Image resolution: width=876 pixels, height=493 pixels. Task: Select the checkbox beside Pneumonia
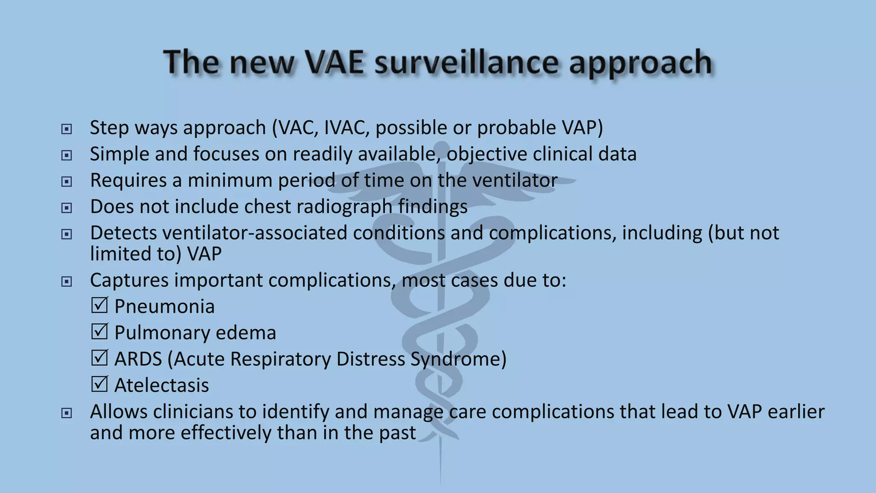(x=99, y=306)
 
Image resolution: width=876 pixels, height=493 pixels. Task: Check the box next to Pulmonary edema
(x=99, y=332)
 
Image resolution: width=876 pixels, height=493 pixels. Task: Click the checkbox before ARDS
(x=99, y=358)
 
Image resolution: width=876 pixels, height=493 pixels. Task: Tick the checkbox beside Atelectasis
(x=99, y=384)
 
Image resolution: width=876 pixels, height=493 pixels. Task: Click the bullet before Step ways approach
(x=66, y=129)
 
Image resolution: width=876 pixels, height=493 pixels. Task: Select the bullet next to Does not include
(x=66, y=208)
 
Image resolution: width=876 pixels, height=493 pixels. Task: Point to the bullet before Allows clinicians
(x=66, y=413)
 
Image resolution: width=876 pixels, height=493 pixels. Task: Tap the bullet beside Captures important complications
(x=66, y=282)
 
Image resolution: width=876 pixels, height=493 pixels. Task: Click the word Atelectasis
(x=162, y=385)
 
